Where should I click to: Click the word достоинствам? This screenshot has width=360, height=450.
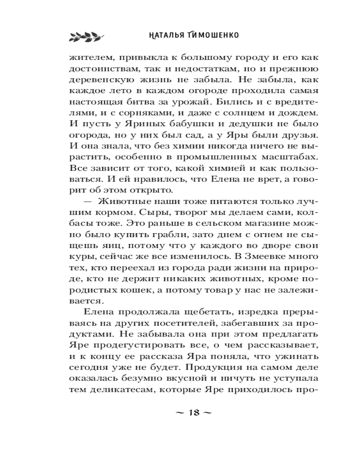[x=102, y=69]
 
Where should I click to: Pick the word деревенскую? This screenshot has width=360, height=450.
[x=100, y=81]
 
